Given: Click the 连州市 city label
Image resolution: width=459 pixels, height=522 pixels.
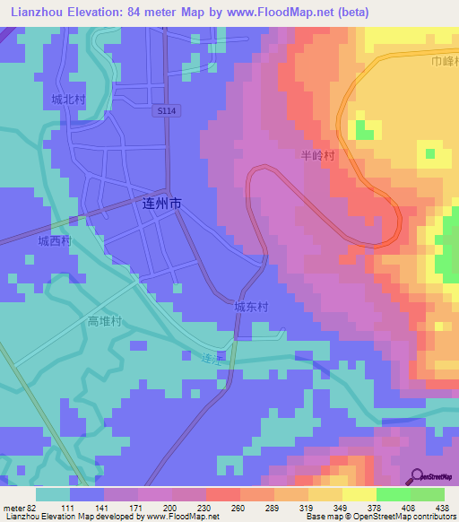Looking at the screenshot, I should click(162, 204).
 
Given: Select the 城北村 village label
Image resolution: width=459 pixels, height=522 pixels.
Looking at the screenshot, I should click(67, 100).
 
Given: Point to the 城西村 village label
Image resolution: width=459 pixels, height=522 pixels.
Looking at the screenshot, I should click(54, 242).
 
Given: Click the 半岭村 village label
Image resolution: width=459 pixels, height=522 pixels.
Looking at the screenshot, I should click(317, 156).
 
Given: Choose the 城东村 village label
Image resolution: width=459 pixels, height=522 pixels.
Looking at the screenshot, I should click(251, 307).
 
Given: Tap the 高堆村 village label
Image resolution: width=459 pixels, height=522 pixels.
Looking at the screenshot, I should click(104, 321).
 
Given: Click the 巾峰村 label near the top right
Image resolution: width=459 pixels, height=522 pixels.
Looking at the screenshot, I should click(444, 62).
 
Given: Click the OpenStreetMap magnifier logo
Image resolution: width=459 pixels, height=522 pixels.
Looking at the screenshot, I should click(416, 476).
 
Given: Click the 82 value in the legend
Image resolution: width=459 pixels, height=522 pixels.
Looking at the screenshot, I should click(37, 509).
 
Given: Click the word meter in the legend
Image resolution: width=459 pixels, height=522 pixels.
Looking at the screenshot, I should click(14, 509).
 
